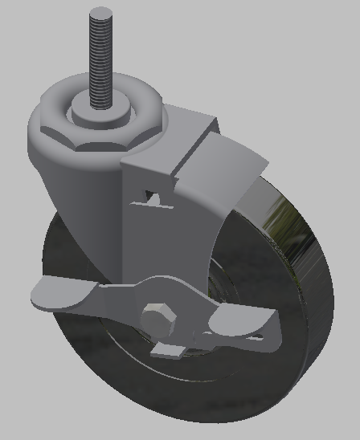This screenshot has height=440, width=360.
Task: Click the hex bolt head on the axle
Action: pos(158,317)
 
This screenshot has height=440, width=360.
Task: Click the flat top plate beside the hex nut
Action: pos(189,124)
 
